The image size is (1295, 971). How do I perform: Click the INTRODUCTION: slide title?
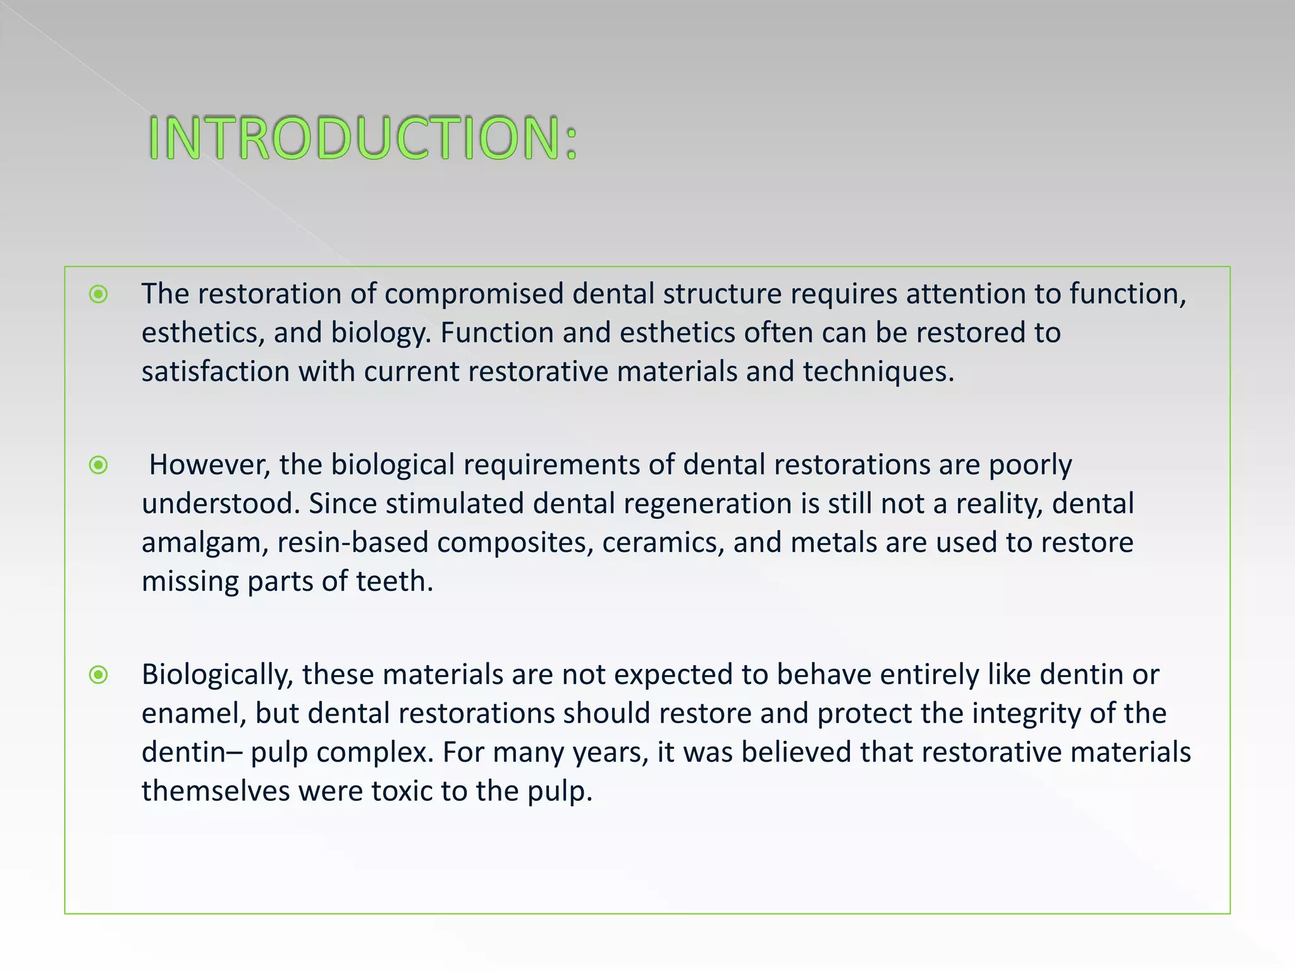tap(363, 138)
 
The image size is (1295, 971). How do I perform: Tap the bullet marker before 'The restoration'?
tap(99, 294)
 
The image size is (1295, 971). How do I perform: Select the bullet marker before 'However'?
tap(99, 466)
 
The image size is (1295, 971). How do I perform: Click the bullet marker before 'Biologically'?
tap(99, 675)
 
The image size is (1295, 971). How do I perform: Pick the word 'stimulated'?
tap(455, 504)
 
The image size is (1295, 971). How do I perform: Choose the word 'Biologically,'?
tap(217, 676)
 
